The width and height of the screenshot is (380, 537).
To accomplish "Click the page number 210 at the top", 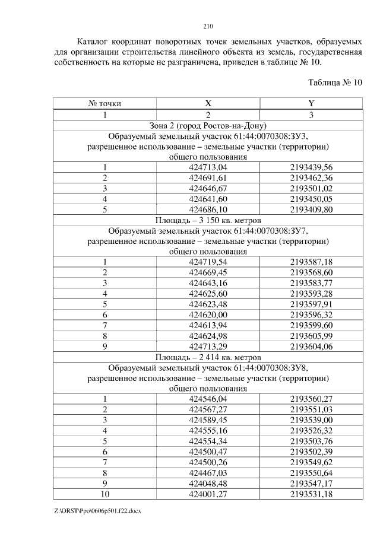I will pyautogui.click(x=208, y=26).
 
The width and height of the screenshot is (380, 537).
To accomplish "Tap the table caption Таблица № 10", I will pyautogui.click(x=335, y=82).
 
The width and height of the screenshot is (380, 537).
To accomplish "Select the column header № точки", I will pyautogui.click(x=104, y=103).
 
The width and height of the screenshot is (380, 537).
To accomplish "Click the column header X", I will pyautogui.click(x=208, y=103).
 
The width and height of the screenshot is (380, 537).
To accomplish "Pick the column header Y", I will pyautogui.click(x=311, y=103).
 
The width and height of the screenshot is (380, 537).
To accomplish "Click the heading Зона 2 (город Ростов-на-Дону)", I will pyautogui.click(x=208, y=125).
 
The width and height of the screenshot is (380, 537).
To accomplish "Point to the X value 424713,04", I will pyautogui.click(x=208, y=167).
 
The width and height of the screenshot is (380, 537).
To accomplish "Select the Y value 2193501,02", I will pyautogui.click(x=311, y=189).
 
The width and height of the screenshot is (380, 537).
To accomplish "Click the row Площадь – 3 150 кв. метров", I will pyautogui.click(x=208, y=220).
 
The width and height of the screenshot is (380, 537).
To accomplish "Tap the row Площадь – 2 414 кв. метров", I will pyautogui.click(x=208, y=357).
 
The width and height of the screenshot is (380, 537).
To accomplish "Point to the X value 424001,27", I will pyautogui.click(x=208, y=494).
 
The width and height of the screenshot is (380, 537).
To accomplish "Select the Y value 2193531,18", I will pyautogui.click(x=311, y=494).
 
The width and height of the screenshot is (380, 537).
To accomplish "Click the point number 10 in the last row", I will pyautogui.click(x=104, y=494).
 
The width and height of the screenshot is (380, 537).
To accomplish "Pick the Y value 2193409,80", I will pyautogui.click(x=311, y=209).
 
